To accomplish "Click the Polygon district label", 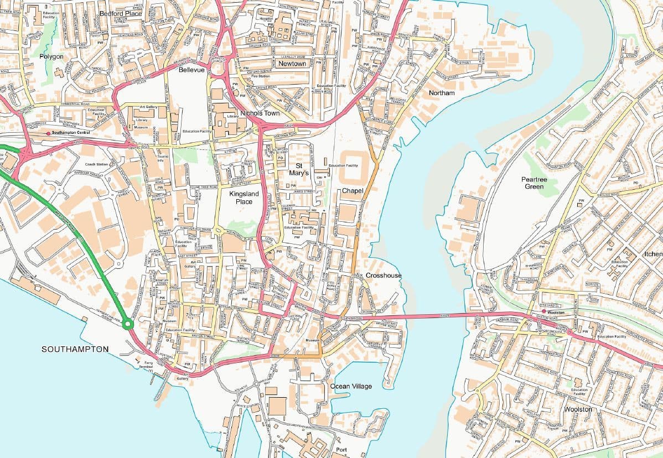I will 51,56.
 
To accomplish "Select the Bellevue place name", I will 191,71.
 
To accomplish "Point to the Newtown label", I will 292,64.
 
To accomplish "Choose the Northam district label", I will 442,93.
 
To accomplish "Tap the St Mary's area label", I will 299,169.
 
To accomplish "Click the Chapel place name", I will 353,190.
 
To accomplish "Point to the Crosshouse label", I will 384,275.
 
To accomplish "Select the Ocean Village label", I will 351,386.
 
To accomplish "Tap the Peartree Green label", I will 532,183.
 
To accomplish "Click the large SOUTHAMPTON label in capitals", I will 75,350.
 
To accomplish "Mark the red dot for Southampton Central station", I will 49,133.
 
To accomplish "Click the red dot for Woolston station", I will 544,311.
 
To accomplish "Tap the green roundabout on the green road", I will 128,324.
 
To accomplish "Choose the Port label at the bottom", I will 342,450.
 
